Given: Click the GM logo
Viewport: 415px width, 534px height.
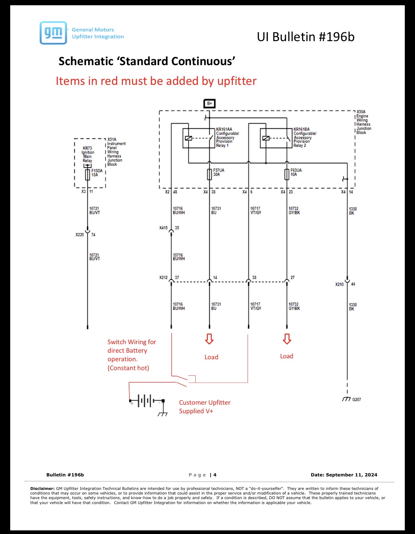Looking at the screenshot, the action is point(53,33).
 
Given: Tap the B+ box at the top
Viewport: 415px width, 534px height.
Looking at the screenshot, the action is point(209,103).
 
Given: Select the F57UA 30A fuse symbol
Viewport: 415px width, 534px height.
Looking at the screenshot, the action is point(209,174).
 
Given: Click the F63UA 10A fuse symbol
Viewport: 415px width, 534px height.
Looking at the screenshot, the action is point(287,174).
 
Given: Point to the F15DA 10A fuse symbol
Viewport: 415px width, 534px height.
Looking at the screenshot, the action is point(87,175).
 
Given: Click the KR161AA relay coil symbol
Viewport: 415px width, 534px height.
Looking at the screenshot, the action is point(188,138).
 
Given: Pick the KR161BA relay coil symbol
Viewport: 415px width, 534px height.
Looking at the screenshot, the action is point(266,138).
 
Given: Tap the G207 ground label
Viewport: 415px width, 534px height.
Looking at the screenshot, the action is point(356,399).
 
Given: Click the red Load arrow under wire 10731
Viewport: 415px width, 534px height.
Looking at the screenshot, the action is point(209,339).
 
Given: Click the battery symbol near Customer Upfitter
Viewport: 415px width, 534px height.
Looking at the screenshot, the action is point(147,401).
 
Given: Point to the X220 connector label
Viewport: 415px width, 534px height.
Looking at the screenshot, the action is point(80,235).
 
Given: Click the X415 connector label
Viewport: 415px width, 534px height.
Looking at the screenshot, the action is point(163,228).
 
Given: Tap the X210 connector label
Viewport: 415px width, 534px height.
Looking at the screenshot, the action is point(340,284).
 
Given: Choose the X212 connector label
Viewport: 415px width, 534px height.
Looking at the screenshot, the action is point(163,277).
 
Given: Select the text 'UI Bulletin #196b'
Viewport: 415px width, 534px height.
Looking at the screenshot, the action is point(306,37).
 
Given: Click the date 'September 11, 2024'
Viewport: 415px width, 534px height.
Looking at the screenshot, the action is point(351,475).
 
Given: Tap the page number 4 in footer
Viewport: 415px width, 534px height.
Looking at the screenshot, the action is point(215,475).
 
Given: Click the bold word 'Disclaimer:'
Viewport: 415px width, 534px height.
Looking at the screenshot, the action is point(42,489).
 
